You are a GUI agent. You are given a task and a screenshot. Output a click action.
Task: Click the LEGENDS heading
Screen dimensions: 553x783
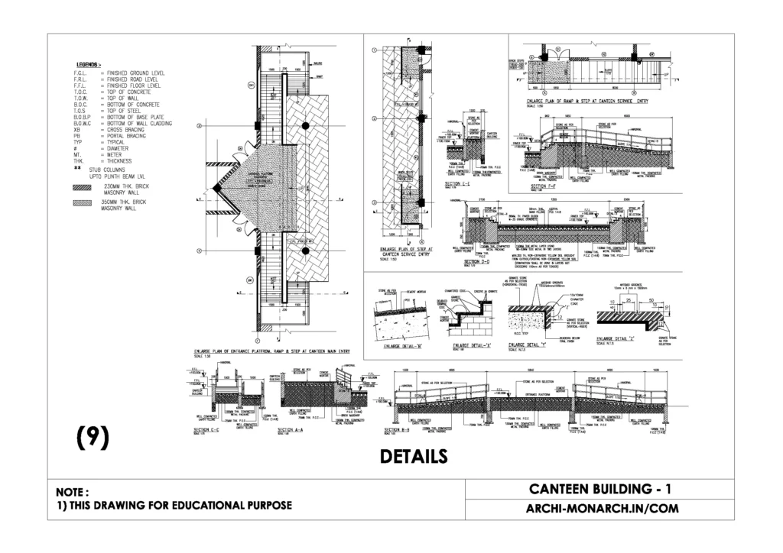[90, 65]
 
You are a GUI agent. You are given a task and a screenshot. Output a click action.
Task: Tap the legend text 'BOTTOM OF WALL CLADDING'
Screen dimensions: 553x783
[139, 123]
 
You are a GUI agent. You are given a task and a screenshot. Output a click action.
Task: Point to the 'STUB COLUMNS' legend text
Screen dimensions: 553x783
[110, 170]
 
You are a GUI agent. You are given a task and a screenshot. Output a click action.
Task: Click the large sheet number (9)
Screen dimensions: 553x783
[93, 438]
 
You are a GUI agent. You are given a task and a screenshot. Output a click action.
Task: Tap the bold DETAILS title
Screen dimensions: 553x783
[414, 456]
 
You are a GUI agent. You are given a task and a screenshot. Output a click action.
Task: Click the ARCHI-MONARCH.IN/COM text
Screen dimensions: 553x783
[599, 508]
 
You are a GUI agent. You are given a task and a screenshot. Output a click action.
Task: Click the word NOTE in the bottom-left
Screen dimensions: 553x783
[73, 491]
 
